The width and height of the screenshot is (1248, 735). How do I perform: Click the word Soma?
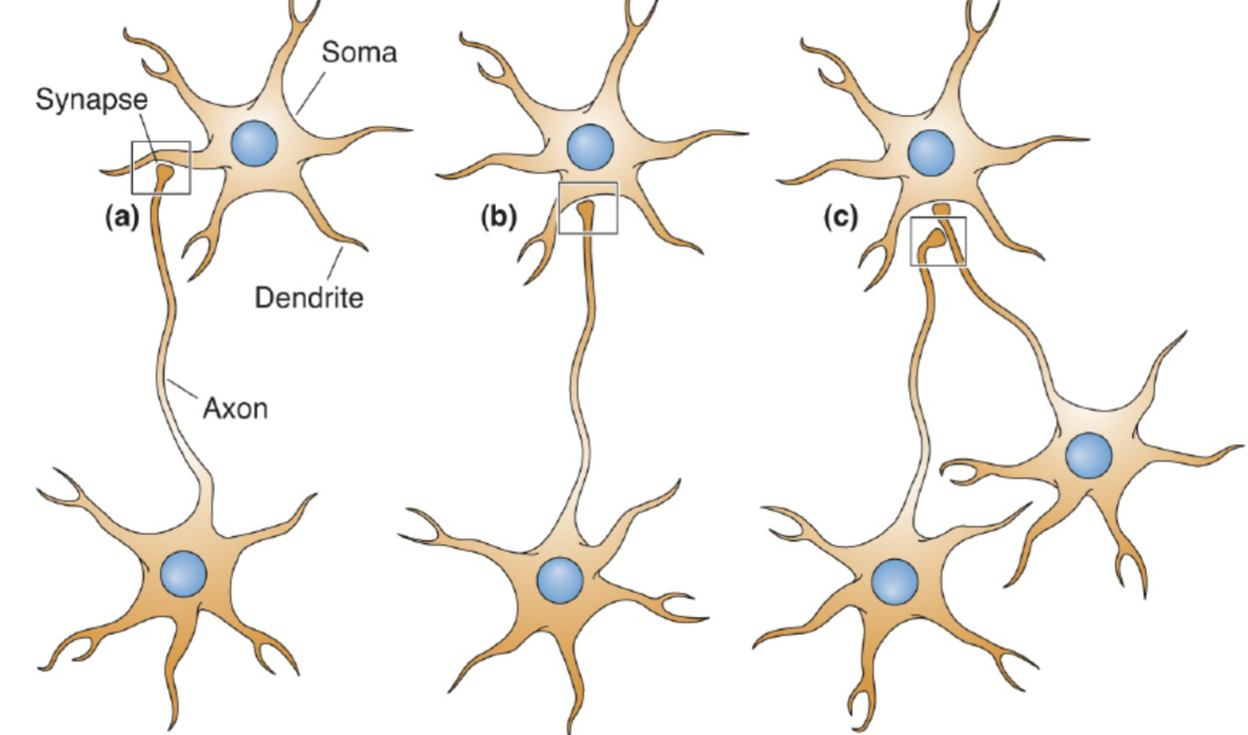click(x=358, y=52)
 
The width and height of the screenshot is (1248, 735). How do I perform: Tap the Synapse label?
click(x=92, y=100)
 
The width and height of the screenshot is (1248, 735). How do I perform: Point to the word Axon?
click(x=235, y=408)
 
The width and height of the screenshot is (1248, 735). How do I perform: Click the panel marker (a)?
click(x=122, y=218)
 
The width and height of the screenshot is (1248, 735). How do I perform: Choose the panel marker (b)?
click(x=498, y=218)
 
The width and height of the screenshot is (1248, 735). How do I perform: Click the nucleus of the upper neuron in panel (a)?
click(x=254, y=145)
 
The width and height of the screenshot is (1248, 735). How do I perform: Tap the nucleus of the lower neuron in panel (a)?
click(x=183, y=573)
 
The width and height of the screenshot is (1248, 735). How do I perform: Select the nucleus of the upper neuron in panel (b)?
click(x=589, y=147)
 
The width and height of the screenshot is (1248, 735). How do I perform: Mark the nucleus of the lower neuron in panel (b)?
click(x=560, y=580)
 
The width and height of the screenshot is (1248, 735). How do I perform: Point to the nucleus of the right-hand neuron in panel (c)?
click(x=1089, y=455)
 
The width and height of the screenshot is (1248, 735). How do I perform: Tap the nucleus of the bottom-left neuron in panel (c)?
click(x=895, y=582)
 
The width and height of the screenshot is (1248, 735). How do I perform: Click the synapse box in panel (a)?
click(x=161, y=167)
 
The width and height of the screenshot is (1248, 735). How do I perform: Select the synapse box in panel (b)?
click(x=588, y=208)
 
